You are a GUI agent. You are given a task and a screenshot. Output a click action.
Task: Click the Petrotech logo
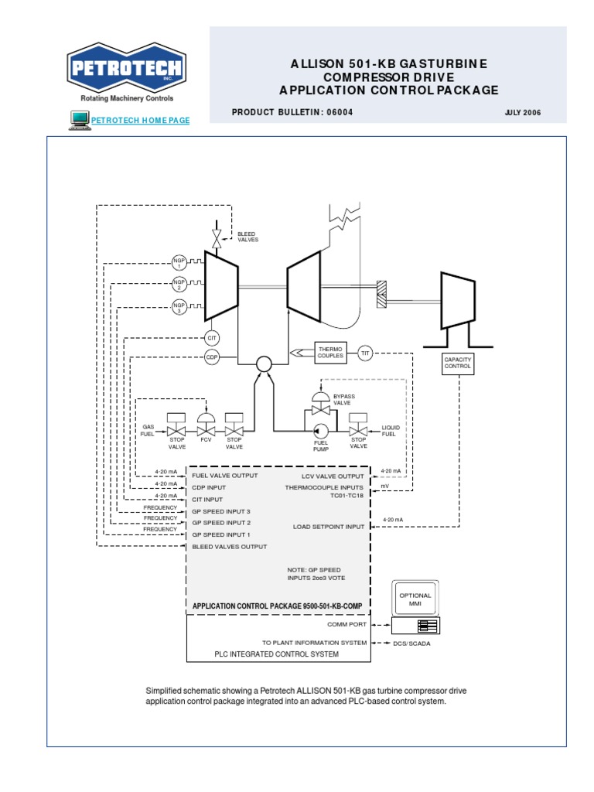[x=126, y=70]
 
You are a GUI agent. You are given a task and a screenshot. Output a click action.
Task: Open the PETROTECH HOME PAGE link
[x=140, y=120]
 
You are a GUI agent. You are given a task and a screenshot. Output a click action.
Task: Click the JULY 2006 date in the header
[x=522, y=113]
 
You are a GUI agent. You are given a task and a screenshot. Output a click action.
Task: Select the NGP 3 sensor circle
[x=179, y=308]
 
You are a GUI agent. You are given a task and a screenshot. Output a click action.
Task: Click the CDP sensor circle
[x=212, y=357]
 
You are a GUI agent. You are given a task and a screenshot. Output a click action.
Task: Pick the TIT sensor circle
[x=366, y=353]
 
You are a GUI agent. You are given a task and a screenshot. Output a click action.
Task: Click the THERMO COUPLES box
[x=330, y=353]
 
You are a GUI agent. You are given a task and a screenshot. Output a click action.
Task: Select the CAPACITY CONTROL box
[x=457, y=362]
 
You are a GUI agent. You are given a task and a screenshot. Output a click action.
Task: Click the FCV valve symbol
[x=206, y=426]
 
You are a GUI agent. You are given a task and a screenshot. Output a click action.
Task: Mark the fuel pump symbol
[x=320, y=429]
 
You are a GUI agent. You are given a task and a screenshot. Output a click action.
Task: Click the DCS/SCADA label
[x=412, y=643]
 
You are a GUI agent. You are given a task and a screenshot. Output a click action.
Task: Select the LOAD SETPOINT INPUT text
[x=328, y=527]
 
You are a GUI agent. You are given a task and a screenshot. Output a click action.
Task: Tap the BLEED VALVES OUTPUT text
[x=229, y=546]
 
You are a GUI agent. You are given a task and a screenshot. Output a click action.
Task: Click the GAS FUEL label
[x=148, y=430]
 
